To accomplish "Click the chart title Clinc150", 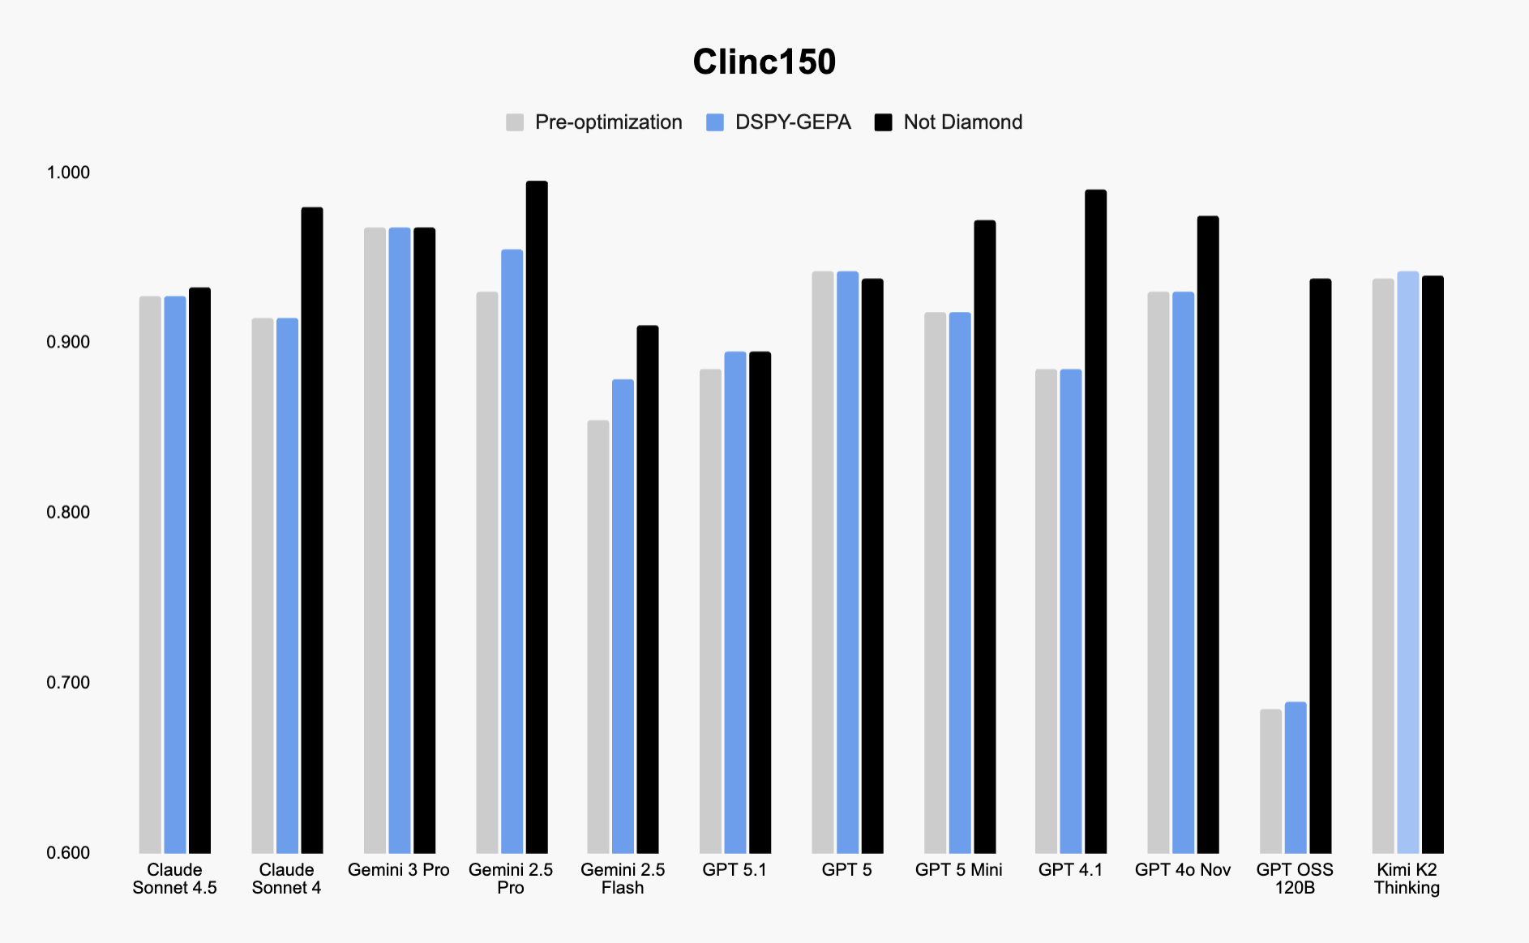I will tap(764, 62).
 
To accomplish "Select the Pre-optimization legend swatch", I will tap(515, 122).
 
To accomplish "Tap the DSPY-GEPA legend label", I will tap(792, 122).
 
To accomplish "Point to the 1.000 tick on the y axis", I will tap(68, 173).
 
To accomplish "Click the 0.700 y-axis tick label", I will tap(68, 682).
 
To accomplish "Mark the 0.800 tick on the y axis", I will tap(68, 512).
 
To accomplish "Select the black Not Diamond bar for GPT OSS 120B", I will tap(1320, 567).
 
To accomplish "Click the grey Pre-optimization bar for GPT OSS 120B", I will tap(1270, 782).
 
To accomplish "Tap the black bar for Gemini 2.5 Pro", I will tap(537, 518).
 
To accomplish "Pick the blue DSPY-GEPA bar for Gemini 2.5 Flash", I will tap(623, 616).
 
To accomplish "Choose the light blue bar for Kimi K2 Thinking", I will tap(1407, 563).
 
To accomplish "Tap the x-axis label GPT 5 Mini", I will tap(958, 870).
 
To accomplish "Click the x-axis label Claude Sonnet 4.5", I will tap(174, 879).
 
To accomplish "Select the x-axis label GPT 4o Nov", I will tap(1182, 870).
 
